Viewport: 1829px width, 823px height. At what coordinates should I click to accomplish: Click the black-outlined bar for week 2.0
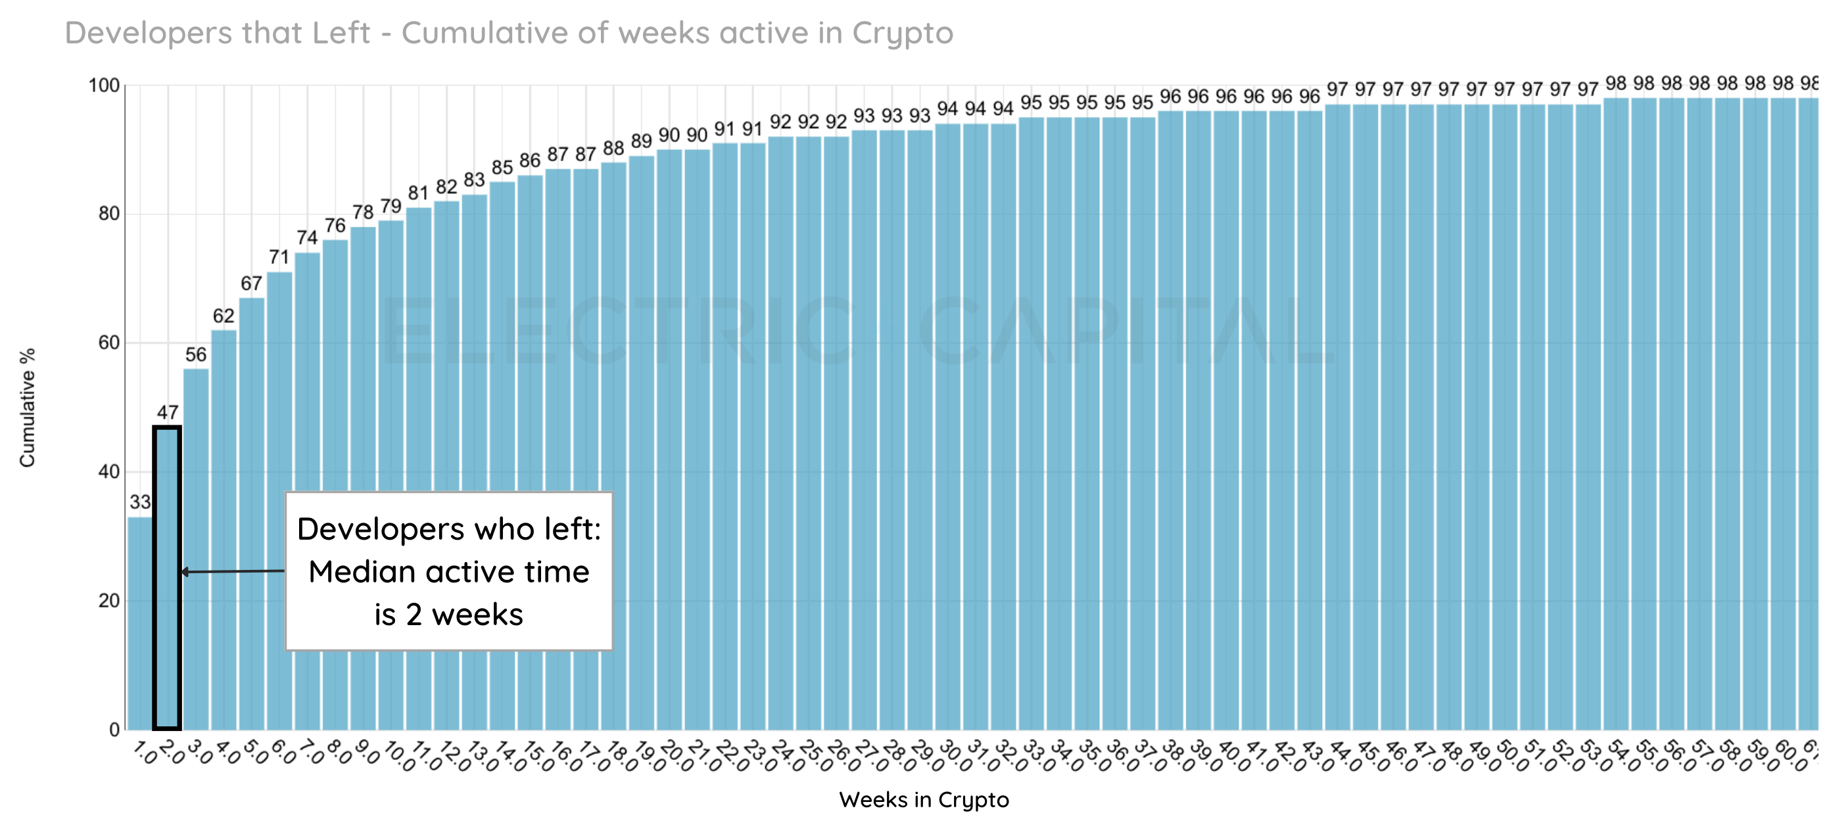click(x=167, y=576)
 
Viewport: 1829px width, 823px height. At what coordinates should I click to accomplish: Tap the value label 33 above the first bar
click(x=140, y=502)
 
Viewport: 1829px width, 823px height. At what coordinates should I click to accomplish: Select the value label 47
click(x=168, y=412)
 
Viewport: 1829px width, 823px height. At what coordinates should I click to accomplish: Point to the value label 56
click(x=196, y=354)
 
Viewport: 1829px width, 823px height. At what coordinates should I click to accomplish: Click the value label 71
click(x=279, y=257)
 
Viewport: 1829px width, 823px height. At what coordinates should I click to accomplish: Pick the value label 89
click(x=641, y=141)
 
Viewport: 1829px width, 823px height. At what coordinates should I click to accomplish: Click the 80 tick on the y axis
click(x=108, y=214)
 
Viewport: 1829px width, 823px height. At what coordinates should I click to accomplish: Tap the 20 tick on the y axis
click(x=108, y=601)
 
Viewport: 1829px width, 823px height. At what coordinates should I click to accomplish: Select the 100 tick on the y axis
click(x=104, y=85)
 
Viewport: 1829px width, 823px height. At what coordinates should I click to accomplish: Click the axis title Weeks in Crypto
click(x=923, y=799)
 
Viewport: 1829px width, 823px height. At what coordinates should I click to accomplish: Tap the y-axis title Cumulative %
click(x=27, y=407)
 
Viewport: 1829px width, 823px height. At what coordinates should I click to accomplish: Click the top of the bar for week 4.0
click(x=224, y=331)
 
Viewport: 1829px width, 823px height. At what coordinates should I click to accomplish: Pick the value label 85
click(x=502, y=167)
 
